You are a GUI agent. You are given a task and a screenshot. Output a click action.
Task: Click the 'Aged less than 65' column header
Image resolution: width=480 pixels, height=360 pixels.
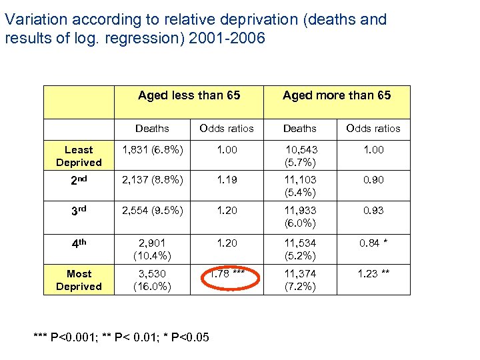(x=189, y=95)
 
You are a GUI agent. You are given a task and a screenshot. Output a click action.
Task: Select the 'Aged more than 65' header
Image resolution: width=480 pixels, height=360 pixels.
(x=337, y=95)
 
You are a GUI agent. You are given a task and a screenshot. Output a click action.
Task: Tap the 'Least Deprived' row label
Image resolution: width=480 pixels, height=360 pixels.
(x=79, y=156)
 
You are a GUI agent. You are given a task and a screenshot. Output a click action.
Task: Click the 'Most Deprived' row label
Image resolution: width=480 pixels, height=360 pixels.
(x=79, y=280)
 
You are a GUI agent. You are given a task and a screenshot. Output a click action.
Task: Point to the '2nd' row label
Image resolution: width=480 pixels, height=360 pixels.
(x=79, y=180)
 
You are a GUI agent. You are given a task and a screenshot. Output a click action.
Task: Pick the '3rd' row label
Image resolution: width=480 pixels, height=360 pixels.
(x=79, y=211)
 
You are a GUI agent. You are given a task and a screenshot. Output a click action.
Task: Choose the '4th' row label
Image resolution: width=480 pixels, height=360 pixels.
(x=79, y=243)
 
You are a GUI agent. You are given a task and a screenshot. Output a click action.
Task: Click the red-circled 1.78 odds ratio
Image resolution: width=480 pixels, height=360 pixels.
(x=227, y=274)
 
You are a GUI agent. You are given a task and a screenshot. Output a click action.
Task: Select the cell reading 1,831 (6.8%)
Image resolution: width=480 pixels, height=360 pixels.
(x=152, y=150)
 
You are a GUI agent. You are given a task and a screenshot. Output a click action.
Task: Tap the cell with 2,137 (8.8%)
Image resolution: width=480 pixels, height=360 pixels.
(x=152, y=180)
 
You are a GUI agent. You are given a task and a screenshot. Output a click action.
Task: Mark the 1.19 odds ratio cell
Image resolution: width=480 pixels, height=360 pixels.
(x=227, y=180)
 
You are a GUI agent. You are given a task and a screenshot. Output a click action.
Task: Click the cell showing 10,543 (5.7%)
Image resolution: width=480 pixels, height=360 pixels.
(x=300, y=156)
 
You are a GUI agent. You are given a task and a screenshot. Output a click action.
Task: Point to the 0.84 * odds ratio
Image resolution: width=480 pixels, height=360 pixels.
(x=373, y=243)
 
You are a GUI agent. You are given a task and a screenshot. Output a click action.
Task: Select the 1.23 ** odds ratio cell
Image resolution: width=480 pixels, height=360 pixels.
(x=373, y=274)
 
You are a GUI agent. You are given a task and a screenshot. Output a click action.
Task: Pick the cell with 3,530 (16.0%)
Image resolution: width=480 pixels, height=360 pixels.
(x=152, y=280)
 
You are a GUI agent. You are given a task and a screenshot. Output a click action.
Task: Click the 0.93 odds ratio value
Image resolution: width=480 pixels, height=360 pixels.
(x=373, y=211)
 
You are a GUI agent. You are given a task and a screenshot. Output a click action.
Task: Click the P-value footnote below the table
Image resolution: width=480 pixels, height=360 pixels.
(x=121, y=337)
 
